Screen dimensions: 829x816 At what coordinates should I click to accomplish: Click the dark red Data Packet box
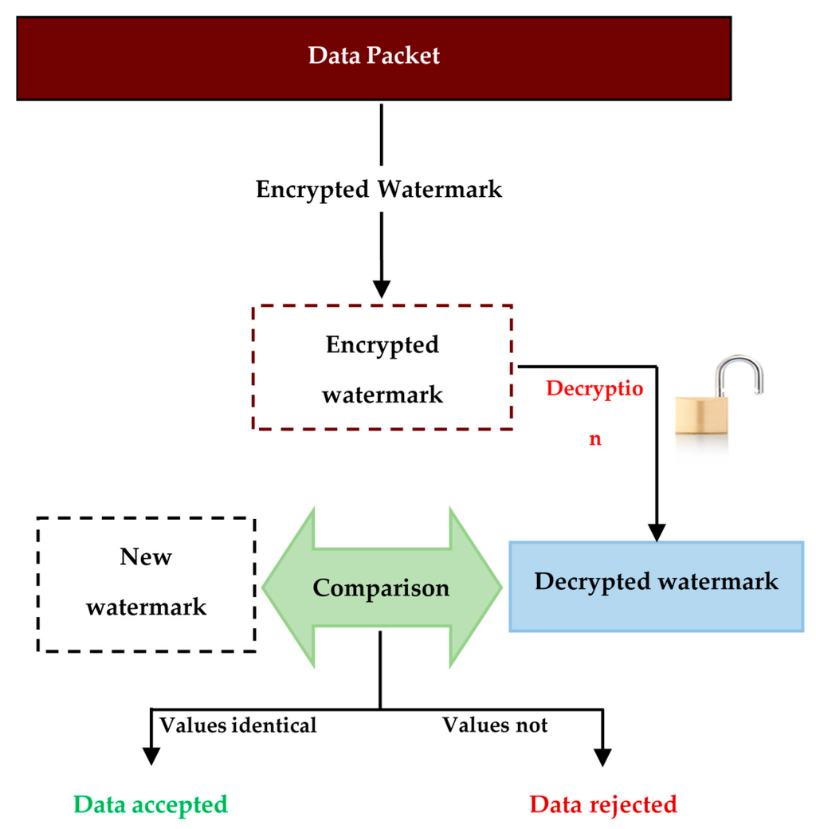(x=374, y=57)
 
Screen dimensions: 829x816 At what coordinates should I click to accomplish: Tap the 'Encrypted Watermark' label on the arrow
(x=379, y=190)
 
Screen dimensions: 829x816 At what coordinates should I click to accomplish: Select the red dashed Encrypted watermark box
(x=382, y=368)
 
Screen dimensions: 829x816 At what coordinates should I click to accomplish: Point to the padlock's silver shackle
(x=738, y=375)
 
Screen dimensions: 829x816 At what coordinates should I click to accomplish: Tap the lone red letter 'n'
(x=595, y=438)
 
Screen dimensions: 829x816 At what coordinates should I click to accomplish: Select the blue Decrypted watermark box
(x=656, y=586)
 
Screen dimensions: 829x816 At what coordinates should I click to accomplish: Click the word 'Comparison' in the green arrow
(x=381, y=588)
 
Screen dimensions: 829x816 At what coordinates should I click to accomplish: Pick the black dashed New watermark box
(x=147, y=584)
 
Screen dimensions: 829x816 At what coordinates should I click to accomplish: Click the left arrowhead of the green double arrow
(x=287, y=587)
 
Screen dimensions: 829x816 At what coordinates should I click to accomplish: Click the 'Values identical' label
(x=238, y=725)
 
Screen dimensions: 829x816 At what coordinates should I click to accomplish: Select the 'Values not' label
(x=495, y=725)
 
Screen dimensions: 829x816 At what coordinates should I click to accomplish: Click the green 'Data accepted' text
(x=151, y=803)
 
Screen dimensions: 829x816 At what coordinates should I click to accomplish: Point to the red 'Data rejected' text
(x=603, y=803)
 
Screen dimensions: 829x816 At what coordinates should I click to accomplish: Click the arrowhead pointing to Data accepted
(x=150, y=754)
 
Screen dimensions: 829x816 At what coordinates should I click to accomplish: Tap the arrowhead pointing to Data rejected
(x=602, y=754)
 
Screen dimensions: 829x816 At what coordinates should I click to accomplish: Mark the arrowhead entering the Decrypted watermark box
(x=657, y=532)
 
